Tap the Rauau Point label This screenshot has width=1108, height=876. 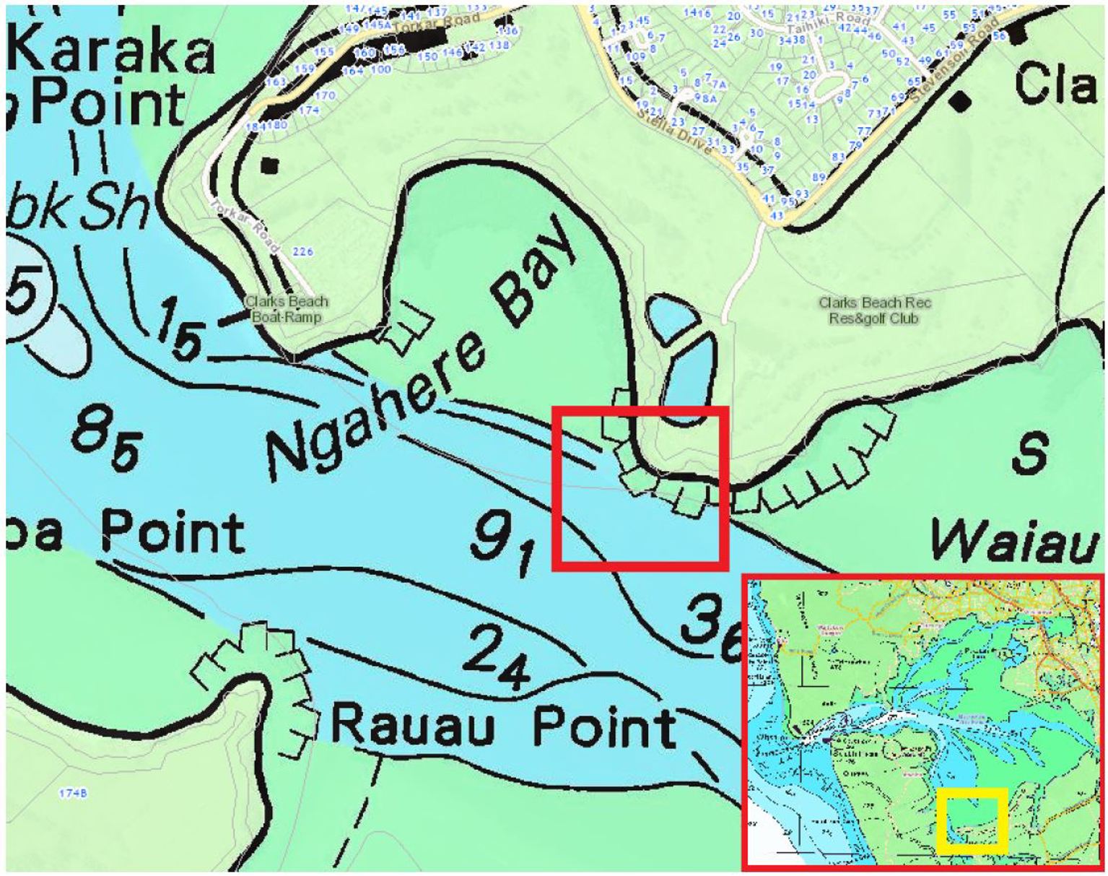click(505, 725)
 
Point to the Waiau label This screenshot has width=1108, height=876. click(1014, 541)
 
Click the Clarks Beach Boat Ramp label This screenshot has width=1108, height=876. click(287, 309)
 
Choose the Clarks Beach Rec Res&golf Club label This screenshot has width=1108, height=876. click(874, 310)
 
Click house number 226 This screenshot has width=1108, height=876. click(304, 251)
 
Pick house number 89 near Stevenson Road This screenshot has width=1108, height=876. click(819, 177)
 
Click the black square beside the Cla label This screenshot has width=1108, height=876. click(959, 100)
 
